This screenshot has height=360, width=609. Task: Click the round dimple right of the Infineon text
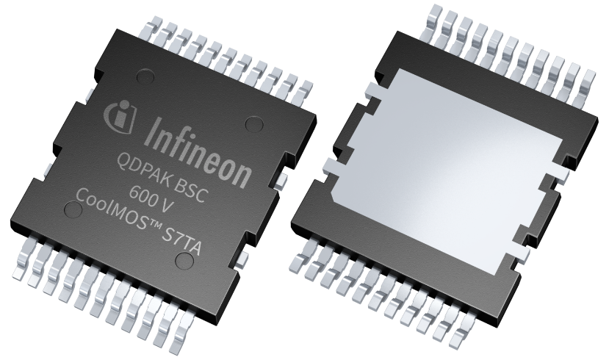(253, 123)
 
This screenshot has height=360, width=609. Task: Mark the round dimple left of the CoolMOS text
(72, 209)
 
